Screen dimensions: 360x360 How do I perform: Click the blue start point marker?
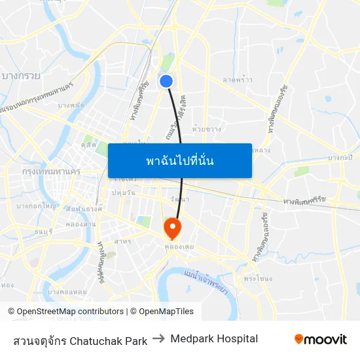click(x=166, y=81)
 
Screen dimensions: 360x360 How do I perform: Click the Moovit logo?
click(x=320, y=339)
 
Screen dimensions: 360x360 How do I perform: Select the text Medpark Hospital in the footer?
click(x=214, y=339)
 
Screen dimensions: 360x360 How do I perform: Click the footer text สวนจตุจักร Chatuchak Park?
click(x=80, y=340)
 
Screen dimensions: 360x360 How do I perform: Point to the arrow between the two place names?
click(x=158, y=339)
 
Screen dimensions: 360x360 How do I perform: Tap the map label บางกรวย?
click(x=21, y=76)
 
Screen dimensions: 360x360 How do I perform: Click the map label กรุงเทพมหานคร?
click(x=51, y=171)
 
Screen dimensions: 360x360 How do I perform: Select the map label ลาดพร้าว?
click(x=237, y=79)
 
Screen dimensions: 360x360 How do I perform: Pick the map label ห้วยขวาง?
click(x=207, y=129)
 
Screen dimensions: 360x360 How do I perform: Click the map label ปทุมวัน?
click(x=124, y=192)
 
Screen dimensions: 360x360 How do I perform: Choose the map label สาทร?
click(x=122, y=242)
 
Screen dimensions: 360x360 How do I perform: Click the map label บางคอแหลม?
click(x=67, y=291)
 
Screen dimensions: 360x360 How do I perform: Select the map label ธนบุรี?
click(x=43, y=230)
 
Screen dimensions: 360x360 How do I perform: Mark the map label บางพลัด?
click(x=71, y=105)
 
